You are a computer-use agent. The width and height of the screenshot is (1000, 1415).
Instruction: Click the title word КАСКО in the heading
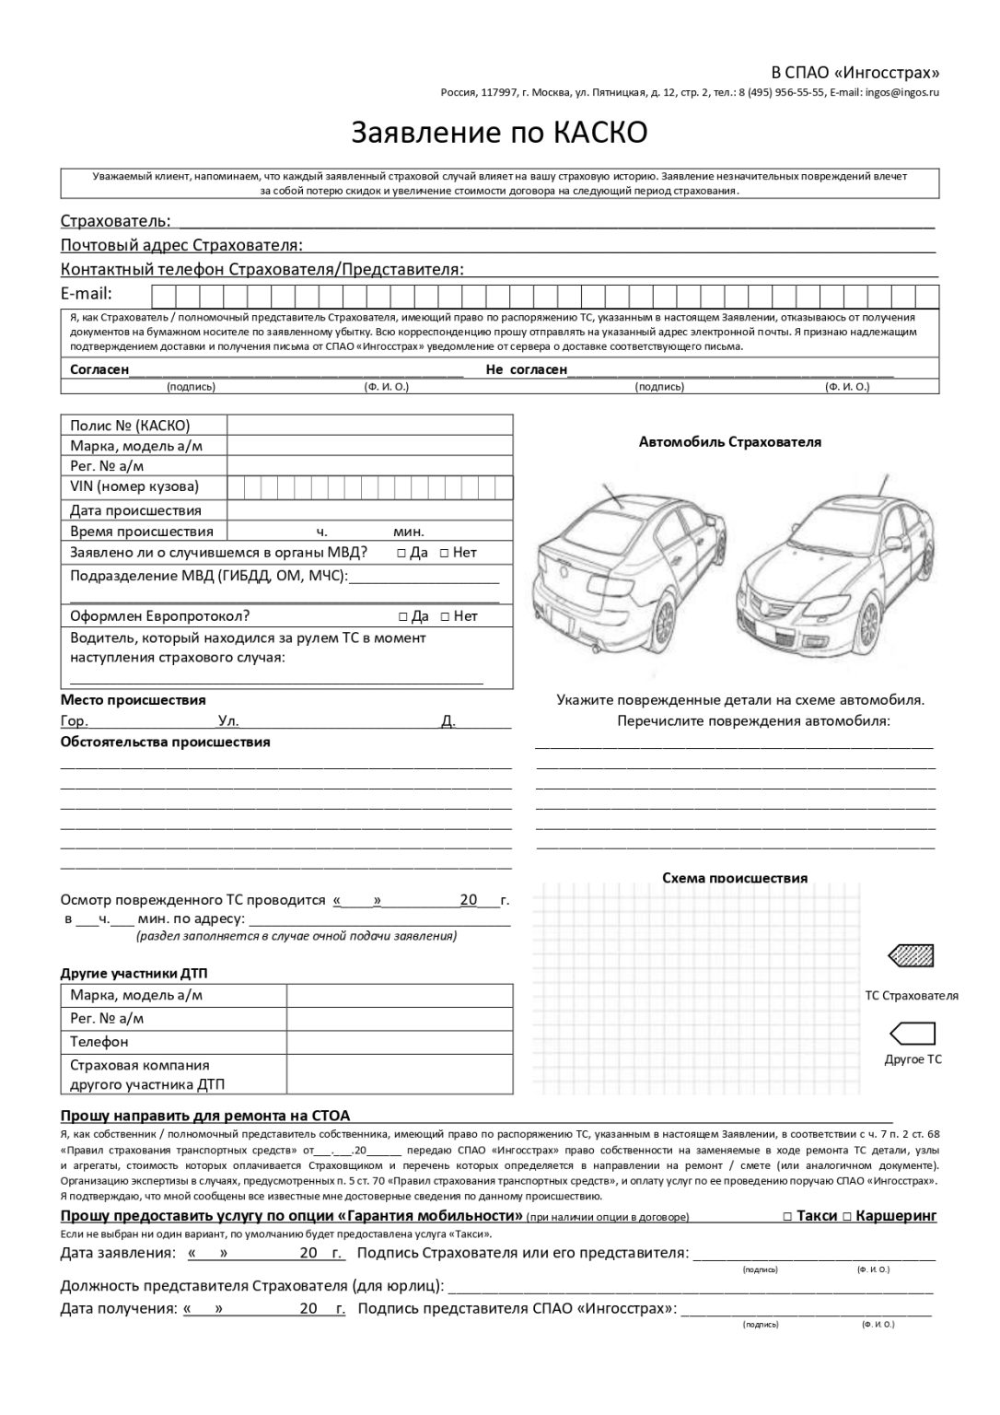(600, 133)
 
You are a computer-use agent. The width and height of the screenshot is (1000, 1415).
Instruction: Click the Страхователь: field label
(115, 221)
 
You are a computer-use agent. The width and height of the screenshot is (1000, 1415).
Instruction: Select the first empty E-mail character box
(163, 296)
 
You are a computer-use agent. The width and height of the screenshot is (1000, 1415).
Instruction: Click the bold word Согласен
(99, 369)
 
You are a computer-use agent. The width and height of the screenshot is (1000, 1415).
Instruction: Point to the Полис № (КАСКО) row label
(130, 425)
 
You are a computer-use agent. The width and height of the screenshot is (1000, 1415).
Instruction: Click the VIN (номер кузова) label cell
(134, 486)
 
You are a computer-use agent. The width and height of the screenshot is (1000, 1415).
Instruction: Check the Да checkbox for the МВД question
(402, 553)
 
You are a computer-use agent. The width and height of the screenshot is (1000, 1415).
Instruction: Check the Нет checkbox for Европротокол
(446, 616)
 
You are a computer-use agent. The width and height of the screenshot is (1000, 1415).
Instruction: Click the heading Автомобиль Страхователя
(729, 441)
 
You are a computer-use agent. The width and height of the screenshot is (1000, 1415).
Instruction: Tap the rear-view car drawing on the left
(626, 571)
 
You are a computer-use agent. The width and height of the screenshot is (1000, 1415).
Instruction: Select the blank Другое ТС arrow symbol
(911, 1033)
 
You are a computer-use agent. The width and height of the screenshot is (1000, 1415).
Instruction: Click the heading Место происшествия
(133, 700)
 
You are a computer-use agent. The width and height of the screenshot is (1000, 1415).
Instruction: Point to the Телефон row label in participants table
(99, 1042)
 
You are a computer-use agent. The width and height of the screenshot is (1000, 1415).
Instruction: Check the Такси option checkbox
(787, 1216)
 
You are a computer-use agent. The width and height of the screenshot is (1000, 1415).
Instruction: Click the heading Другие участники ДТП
(140, 973)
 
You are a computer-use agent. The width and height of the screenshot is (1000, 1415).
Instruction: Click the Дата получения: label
(118, 1308)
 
